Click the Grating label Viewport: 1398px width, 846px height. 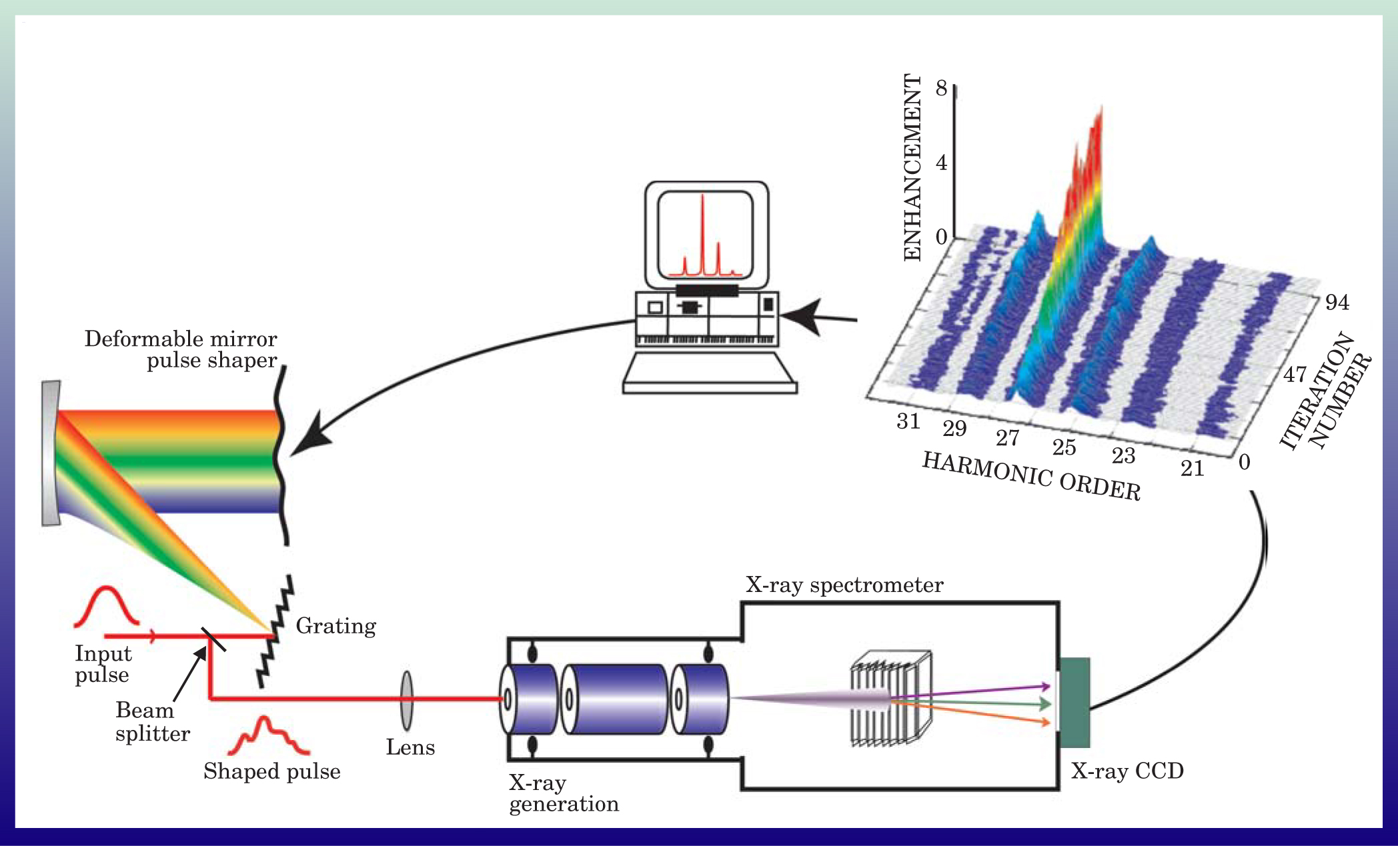[x=335, y=626]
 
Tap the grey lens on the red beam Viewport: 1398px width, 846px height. [x=406, y=700]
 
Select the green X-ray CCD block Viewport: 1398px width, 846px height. [x=1075, y=702]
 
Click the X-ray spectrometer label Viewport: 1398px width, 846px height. [x=844, y=585]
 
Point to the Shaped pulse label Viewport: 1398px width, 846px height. [x=272, y=771]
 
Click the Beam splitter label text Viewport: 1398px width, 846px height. [x=152, y=722]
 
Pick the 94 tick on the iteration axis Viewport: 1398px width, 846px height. [x=1337, y=303]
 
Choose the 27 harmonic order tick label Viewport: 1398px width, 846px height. [x=1007, y=438]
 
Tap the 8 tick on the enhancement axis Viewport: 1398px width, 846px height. [x=941, y=88]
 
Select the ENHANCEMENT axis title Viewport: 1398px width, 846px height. [x=912, y=167]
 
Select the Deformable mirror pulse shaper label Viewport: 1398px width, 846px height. [x=181, y=349]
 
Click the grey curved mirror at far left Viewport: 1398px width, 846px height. [x=51, y=453]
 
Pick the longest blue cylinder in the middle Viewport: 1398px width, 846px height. [x=615, y=699]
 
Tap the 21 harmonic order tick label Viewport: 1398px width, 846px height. [x=1193, y=469]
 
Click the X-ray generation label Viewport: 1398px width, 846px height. [x=564, y=793]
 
